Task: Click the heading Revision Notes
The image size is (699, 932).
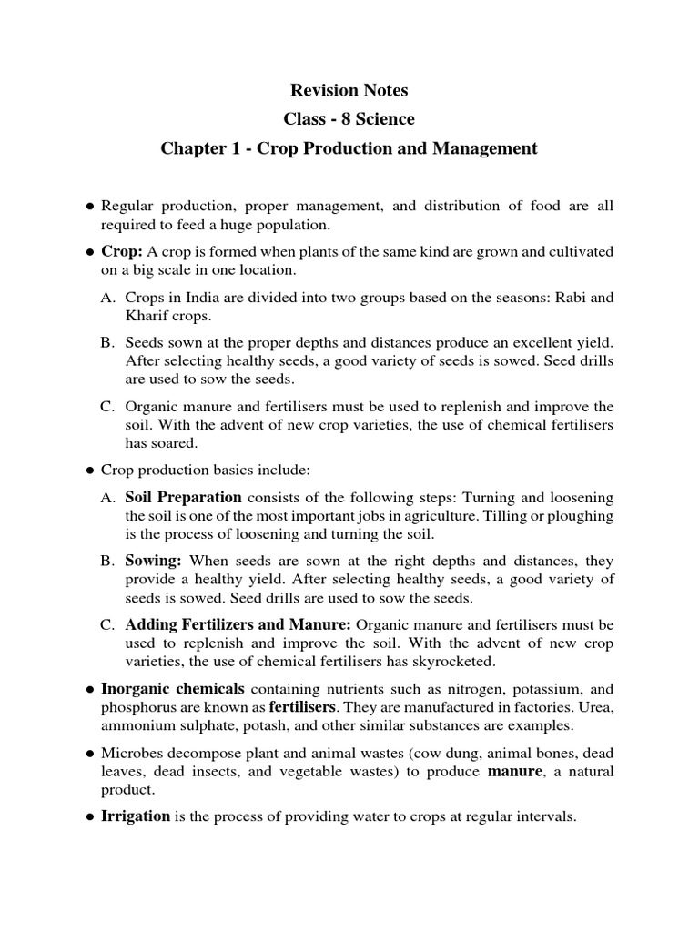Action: [349, 90]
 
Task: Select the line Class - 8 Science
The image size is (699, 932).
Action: [349, 119]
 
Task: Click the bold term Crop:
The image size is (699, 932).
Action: [121, 251]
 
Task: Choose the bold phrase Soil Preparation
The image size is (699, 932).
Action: [183, 498]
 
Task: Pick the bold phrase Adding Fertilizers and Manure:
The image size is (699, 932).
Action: [238, 625]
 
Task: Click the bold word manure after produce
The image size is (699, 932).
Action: [516, 772]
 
